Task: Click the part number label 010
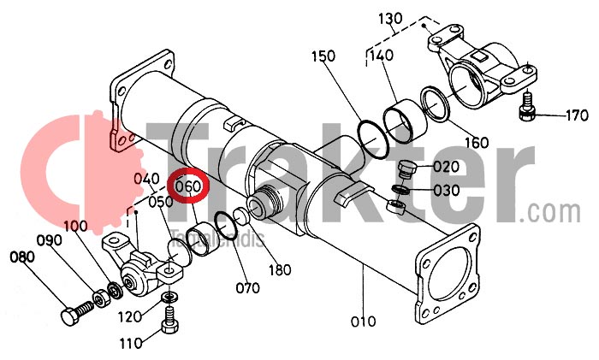[x=363, y=322]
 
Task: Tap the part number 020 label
[x=447, y=166]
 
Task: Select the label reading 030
[x=447, y=190]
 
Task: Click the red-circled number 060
[x=187, y=186]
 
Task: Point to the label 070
[x=247, y=288]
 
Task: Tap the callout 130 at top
[x=389, y=19]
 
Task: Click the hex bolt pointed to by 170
[x=528, y=108]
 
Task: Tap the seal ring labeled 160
[x=437, y=103]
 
